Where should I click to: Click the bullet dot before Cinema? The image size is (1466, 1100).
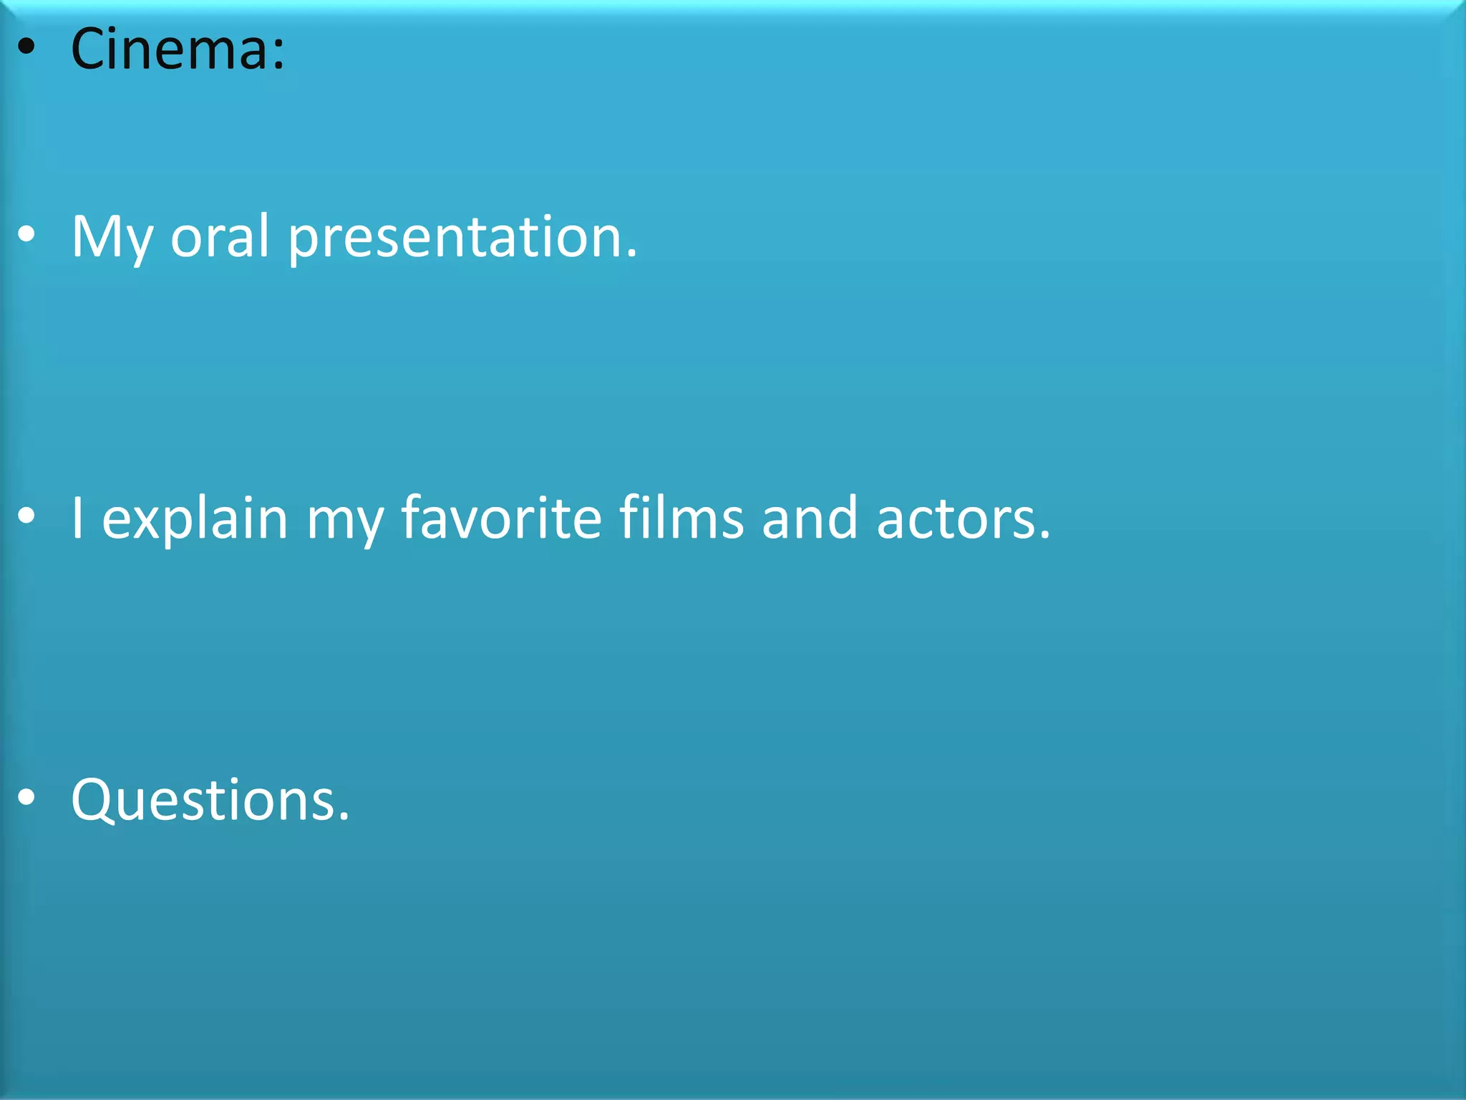click(26, 47)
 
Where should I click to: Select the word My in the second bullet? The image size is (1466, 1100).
click(112, 238)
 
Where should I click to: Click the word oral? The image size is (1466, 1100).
click(220, 236)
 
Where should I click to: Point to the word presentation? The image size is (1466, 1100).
click(455, 238)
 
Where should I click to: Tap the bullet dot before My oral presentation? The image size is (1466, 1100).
click(26, 235)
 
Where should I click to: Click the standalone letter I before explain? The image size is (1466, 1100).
click(77, 518)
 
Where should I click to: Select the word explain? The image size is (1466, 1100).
click(195, 519)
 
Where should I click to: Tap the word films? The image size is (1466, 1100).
click(681, 518)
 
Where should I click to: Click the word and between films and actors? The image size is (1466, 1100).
click(810, 518)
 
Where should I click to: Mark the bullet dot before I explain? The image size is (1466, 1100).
click(26, 516)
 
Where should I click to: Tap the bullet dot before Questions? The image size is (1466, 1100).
click(26, 797)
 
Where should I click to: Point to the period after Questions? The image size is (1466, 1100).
click(344, 817)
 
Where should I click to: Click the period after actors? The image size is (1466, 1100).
click(1045, 536)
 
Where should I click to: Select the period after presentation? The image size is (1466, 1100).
click(631, 254)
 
